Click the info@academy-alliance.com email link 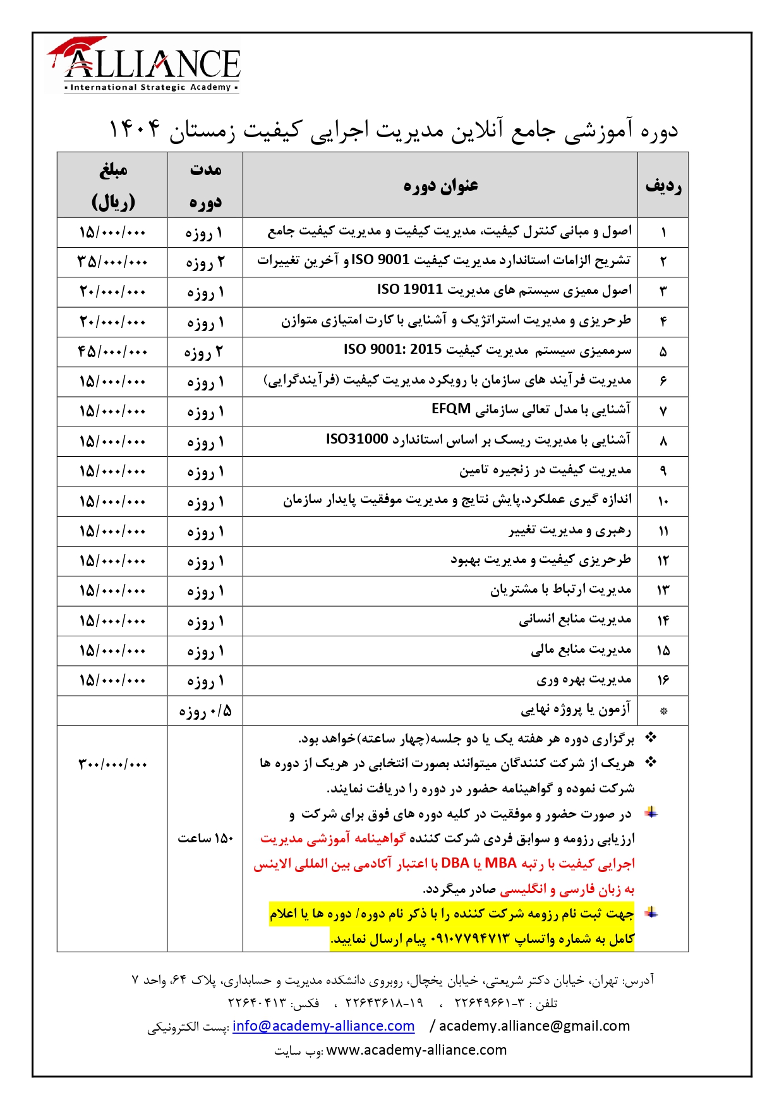click(323, 1026)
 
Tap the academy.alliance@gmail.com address click(534, 1026)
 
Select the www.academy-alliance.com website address click(416, 1050)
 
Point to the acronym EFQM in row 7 click(451, 409)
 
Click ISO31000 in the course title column click(357, 439)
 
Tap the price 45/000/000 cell click(112, 351)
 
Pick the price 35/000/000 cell click(112, 262)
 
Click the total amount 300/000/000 click(112, 765)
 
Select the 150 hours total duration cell click(205, 839)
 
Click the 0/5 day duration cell click(205, 712)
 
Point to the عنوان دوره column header click(440, 186)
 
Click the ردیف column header click(663, 186)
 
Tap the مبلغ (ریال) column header click(112, 186)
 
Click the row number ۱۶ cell click(663, 681)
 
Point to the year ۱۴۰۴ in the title click(135, 130)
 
